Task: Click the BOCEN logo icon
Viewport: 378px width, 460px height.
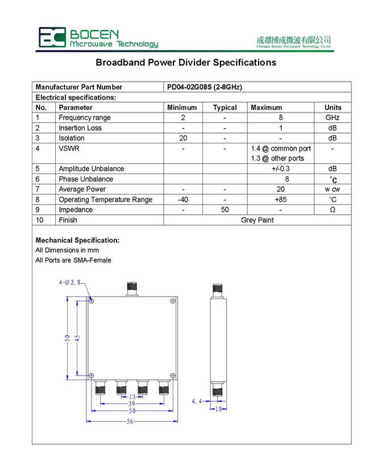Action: [52, 37]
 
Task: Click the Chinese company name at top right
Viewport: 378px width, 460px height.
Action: [293, 40]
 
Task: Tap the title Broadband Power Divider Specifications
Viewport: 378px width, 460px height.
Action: [186, 63]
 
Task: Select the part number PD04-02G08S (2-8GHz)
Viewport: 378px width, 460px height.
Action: [204, 88]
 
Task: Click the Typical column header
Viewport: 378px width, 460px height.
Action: [225, 107]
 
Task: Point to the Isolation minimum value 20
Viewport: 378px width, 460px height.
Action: [182, 138]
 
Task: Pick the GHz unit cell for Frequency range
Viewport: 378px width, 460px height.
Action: [333, 118]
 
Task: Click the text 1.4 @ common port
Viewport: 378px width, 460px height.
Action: [281, 148]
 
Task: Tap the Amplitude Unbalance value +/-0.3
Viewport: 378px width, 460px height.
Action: [280, 169]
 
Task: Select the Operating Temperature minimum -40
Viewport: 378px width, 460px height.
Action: [182, 200]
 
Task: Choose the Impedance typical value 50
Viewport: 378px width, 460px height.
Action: [225, 210]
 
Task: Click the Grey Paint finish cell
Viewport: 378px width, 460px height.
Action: [257, 220]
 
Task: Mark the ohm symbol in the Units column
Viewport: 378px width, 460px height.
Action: [333, 210]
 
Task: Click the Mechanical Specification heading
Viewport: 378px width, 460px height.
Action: [77, 241]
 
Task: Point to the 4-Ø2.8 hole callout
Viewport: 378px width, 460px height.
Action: [70, 282]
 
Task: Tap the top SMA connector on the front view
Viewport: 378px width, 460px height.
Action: [132, 289]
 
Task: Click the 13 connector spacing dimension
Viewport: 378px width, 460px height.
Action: [132, 396]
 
